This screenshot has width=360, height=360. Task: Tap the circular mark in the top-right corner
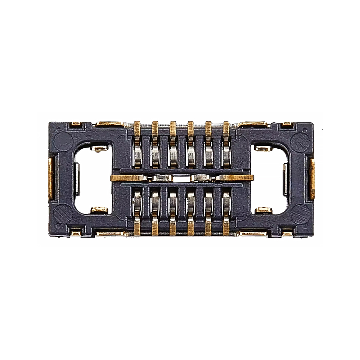point(297,139)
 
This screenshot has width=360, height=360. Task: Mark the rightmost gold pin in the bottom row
point(226,227)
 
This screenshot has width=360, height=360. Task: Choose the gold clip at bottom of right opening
point(263,208)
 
